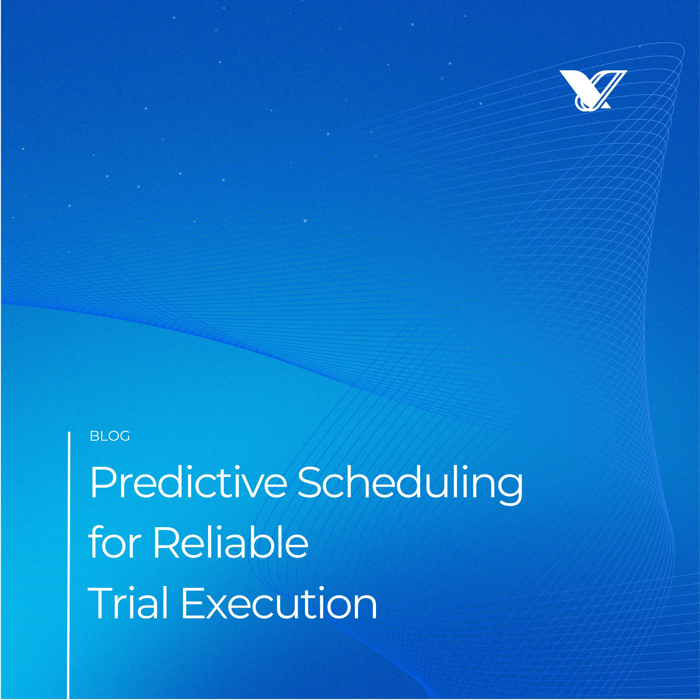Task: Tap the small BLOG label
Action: (109, 437)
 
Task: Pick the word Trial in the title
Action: (128, 603)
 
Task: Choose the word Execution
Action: (279, 603)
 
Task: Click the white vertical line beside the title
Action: (68, 565)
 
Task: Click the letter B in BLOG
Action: (93, 437)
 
